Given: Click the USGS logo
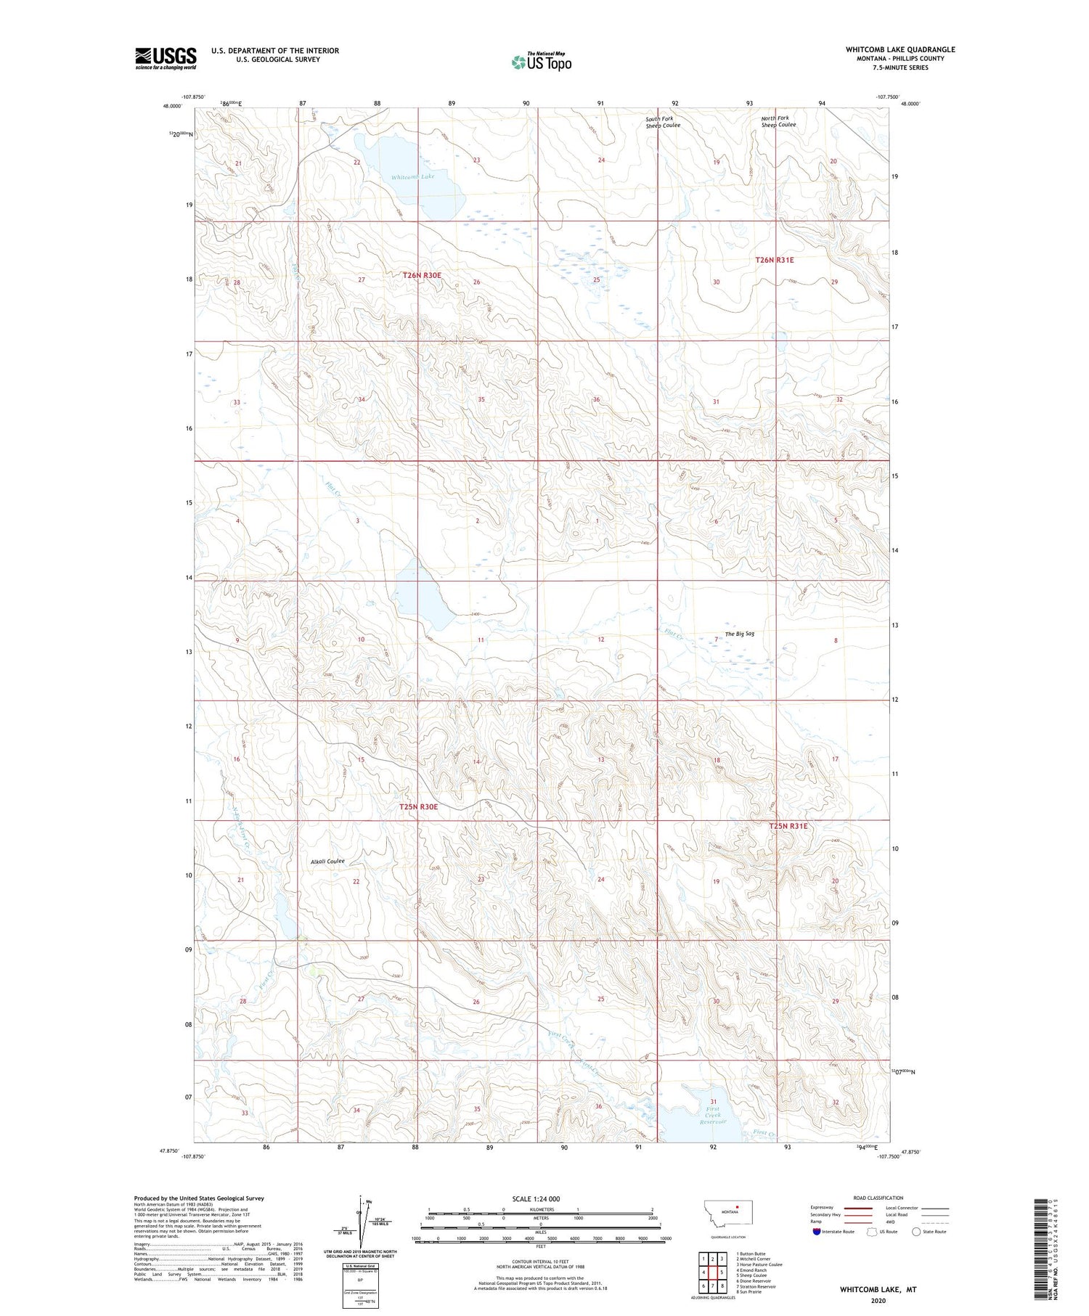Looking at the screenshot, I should (x=166, y=58).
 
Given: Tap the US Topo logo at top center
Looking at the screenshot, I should (x=541, y=62).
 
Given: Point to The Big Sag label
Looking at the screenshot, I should (x=739, y=634).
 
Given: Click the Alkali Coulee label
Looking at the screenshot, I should (x=327, y=862).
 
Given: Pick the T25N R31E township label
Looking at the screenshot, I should (x=788, y=826).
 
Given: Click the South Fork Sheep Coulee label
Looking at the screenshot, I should (x=663, y=122).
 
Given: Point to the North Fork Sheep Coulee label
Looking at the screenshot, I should (x=778, y=121).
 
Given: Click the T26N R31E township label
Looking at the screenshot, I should (x=775, y=260).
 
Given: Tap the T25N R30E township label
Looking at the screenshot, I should (x=419, y=806).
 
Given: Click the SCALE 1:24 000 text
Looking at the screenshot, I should (x=536, y=1199).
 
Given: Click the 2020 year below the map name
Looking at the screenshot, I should (x=878, y=1301).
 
